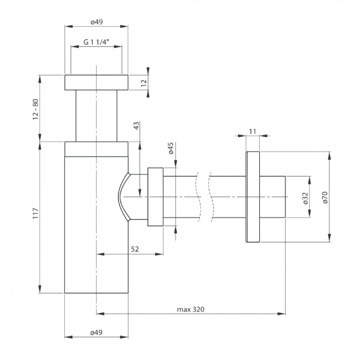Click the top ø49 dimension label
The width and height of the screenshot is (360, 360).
[x=97, y=22]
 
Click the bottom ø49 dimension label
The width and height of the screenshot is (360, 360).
[x=96, y=332]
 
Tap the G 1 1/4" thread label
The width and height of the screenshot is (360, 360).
[x=96, y=42]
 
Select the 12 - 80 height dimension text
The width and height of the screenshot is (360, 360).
[x=35, y=109]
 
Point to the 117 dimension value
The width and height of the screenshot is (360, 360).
[x=35, y=213]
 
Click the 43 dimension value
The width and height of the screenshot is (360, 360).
[x=136, y=126]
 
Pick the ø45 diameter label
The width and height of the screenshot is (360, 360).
[x=171, y=148]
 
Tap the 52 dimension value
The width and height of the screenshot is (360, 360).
[x=135, y=249]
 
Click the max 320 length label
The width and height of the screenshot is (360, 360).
[x=190, y=310]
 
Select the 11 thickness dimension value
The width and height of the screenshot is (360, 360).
[x=252, y=132]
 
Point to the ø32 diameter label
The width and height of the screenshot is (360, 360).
[x=305, y=198]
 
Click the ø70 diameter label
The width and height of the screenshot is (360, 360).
[x=325, y=197]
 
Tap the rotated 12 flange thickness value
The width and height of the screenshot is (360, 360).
[x=144, y=83]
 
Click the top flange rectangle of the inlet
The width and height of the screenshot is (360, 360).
[x=96, y=82]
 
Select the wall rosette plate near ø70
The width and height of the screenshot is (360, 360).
[x=253, y=197]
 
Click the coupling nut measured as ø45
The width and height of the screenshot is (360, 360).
[x=156, y=197]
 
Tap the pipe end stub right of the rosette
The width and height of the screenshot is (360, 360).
[x=272, y=197]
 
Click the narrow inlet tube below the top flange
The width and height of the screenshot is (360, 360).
[x=96, y=116]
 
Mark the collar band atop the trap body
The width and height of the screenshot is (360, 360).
[x=96, y=149]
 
